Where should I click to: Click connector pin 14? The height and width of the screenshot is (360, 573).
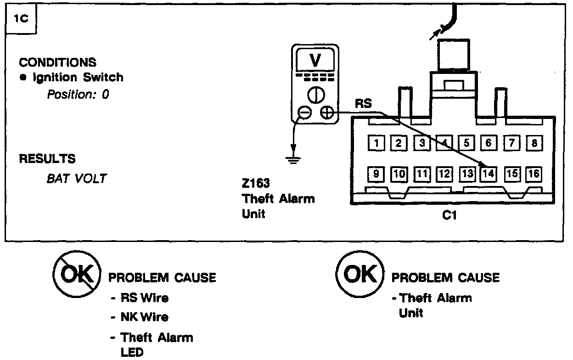[x=489, y=174]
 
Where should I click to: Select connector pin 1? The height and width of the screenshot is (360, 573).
[x=376, y=143]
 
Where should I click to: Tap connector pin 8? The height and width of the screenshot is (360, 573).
[x=534, y=143]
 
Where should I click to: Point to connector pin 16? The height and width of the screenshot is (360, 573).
[x=534, y=174]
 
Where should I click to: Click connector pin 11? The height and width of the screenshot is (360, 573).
[x=421, y=174]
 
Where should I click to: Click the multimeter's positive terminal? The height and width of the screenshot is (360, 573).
[x=326, y=112]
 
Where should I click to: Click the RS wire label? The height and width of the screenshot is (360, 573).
[x=363, y=104]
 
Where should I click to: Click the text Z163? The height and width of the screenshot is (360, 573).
[x=256, y=185]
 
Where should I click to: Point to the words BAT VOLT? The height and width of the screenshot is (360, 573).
[x=76, y=178]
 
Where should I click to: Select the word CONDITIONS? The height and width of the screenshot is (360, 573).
[x=58, y=62]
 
